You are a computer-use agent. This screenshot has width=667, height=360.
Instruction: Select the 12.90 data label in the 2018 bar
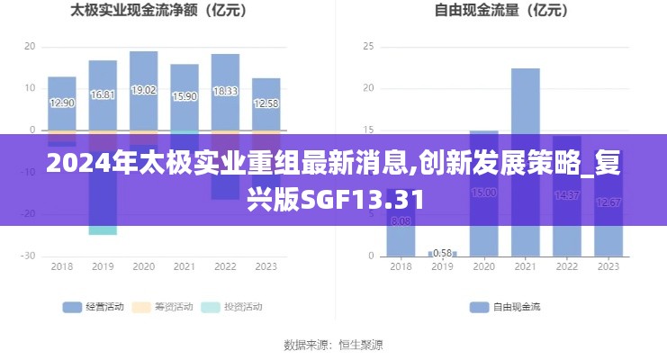tap(61, 103)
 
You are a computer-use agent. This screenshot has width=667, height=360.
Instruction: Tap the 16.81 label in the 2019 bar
tap(103, 94)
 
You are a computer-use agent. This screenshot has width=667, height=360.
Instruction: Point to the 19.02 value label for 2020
tap(143, 90)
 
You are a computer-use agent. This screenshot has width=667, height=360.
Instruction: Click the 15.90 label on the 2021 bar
tap(185, 96)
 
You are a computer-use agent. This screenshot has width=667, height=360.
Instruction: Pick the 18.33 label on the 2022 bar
tap(225, 91)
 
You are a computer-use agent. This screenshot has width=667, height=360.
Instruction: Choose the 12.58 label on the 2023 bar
tap(266, 103)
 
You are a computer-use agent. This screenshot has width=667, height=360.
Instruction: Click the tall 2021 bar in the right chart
tap(526, 99)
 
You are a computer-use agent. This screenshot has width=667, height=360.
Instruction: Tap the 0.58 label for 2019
tap(442, 253)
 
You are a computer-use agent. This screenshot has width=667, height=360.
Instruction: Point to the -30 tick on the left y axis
tap(30, 256)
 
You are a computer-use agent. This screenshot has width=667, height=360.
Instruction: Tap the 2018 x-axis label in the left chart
tap(61, 266)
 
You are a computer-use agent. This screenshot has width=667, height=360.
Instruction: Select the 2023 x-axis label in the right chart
tap(608, 266)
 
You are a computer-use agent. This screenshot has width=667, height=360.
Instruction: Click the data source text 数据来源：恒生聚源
tap(333, 344)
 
